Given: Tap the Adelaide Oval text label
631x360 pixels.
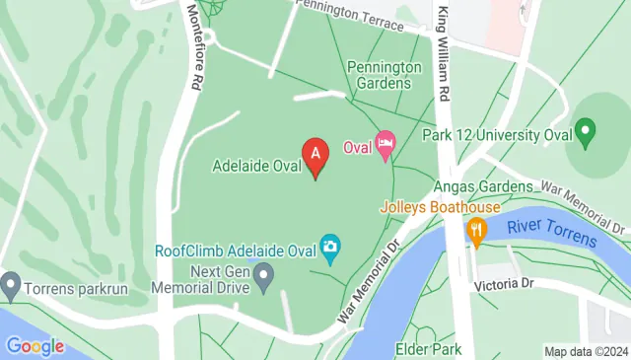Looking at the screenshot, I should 256,166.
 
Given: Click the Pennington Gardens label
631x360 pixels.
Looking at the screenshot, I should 379,75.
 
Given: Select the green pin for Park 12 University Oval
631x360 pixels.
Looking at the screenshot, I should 586,130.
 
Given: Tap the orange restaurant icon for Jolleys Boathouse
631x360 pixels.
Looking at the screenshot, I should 477,233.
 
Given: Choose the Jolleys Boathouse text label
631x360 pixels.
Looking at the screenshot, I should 441,207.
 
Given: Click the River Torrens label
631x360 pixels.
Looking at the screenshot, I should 552,234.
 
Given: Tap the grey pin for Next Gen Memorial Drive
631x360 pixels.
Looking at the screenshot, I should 264,278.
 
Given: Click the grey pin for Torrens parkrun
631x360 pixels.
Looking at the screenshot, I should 11,285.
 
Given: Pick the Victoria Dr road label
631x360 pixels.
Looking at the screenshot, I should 503,284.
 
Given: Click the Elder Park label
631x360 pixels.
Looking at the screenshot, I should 429,348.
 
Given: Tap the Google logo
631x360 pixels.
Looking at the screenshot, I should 35,346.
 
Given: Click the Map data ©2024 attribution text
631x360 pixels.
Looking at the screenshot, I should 586,351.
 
